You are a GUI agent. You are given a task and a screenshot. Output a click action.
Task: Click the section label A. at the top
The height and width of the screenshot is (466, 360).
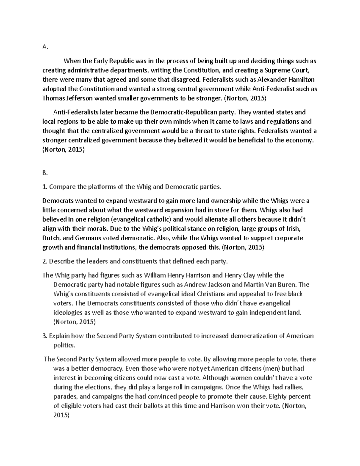click(45, 47)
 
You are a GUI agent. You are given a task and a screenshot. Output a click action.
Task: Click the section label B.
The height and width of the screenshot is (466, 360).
click(45, 173)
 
